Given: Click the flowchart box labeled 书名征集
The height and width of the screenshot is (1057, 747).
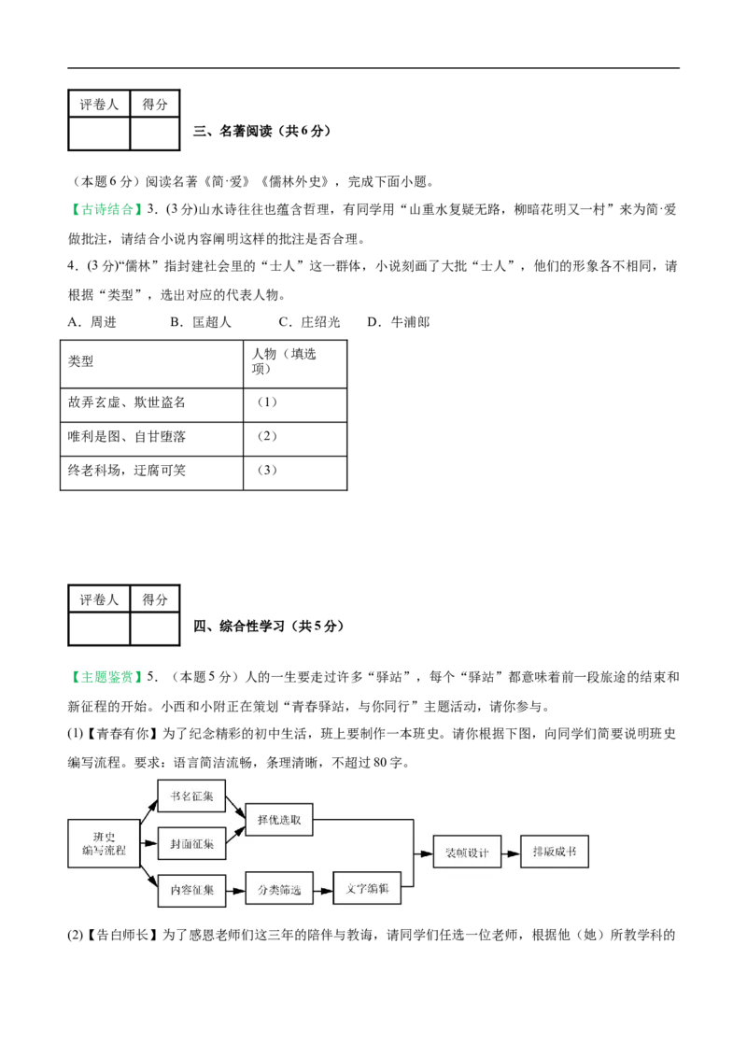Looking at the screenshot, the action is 191,796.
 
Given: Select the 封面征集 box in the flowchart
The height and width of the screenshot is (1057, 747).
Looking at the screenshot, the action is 191,843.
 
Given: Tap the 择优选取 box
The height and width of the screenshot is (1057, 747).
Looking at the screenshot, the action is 279,820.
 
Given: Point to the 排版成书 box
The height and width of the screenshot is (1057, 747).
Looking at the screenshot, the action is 555,852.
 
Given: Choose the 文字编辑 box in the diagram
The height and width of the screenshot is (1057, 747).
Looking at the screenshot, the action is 368,889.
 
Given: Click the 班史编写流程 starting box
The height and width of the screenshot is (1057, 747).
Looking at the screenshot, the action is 104,843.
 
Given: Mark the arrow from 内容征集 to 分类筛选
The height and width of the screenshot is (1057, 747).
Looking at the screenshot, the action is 235,891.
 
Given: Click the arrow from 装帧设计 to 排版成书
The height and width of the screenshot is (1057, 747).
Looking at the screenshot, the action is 511,853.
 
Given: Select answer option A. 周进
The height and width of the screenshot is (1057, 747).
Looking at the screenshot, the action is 92,322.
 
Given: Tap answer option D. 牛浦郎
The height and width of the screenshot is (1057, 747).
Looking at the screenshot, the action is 399,322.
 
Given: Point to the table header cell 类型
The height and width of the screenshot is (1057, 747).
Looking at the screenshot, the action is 151,364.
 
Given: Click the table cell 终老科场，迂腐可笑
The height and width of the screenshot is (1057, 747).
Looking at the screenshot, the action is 151,473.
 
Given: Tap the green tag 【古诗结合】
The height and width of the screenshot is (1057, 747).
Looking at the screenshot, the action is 106,210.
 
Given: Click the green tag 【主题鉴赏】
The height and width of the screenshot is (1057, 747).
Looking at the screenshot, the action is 106,677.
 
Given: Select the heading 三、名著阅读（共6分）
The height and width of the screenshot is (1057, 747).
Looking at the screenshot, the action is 262,131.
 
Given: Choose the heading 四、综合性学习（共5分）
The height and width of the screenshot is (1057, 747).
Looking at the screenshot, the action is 269,627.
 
